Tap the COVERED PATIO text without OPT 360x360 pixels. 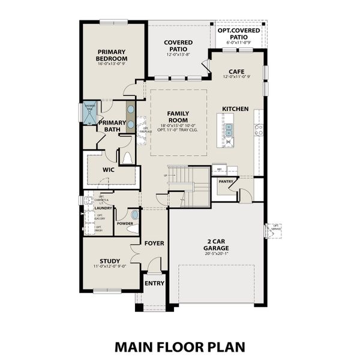tap(178, 46)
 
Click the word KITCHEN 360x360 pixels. tap(235, 109)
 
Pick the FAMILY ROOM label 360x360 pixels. tap(178, 116)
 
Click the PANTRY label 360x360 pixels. tap(226, 181)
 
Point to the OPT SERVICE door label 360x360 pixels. tap(275, 229)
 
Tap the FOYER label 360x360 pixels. tap(154, 243)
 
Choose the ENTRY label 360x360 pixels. tap(154, 283)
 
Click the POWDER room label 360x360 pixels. tap(125, 223)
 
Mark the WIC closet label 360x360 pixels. tap(108, 170)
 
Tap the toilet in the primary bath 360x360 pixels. tap(127, 158)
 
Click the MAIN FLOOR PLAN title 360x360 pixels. tap(179, 347)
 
